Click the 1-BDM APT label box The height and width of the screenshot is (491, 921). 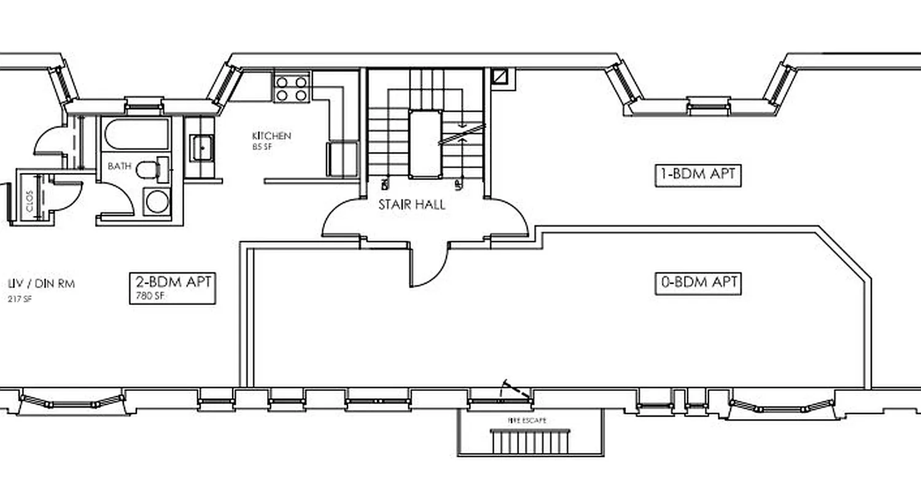[x=698, y=176]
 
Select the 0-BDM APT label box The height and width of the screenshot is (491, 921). [x=698, y=283]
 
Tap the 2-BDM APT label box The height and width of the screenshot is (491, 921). [x=173, y=282]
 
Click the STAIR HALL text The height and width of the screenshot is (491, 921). [x=411, y=205]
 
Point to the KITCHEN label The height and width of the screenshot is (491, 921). [x=271, y=136]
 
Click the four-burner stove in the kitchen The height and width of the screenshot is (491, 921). [x=292, y=88]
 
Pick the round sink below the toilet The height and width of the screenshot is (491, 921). [x=157, y=202]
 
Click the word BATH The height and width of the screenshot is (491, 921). [x=119, y=166]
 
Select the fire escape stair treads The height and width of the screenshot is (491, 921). [x=530, y=441]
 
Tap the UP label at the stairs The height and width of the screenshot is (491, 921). [x=457, y=184]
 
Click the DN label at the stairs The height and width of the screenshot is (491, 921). [x=385, y=184]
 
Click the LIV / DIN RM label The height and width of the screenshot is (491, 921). [x=42, y=284]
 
